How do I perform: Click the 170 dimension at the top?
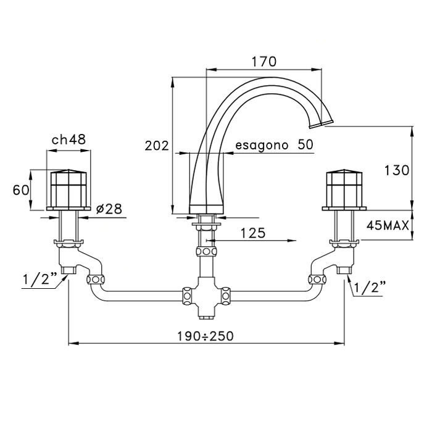(264, 62)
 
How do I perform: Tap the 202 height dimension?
(157, 146)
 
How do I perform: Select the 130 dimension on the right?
(397, 170)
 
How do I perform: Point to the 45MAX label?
(388, 226)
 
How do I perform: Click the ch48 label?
(69, 139)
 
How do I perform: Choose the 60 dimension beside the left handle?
(21, 190)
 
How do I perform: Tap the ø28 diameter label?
(109, 209)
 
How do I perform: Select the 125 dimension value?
(253, 233)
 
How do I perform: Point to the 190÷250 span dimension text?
(206, 336)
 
